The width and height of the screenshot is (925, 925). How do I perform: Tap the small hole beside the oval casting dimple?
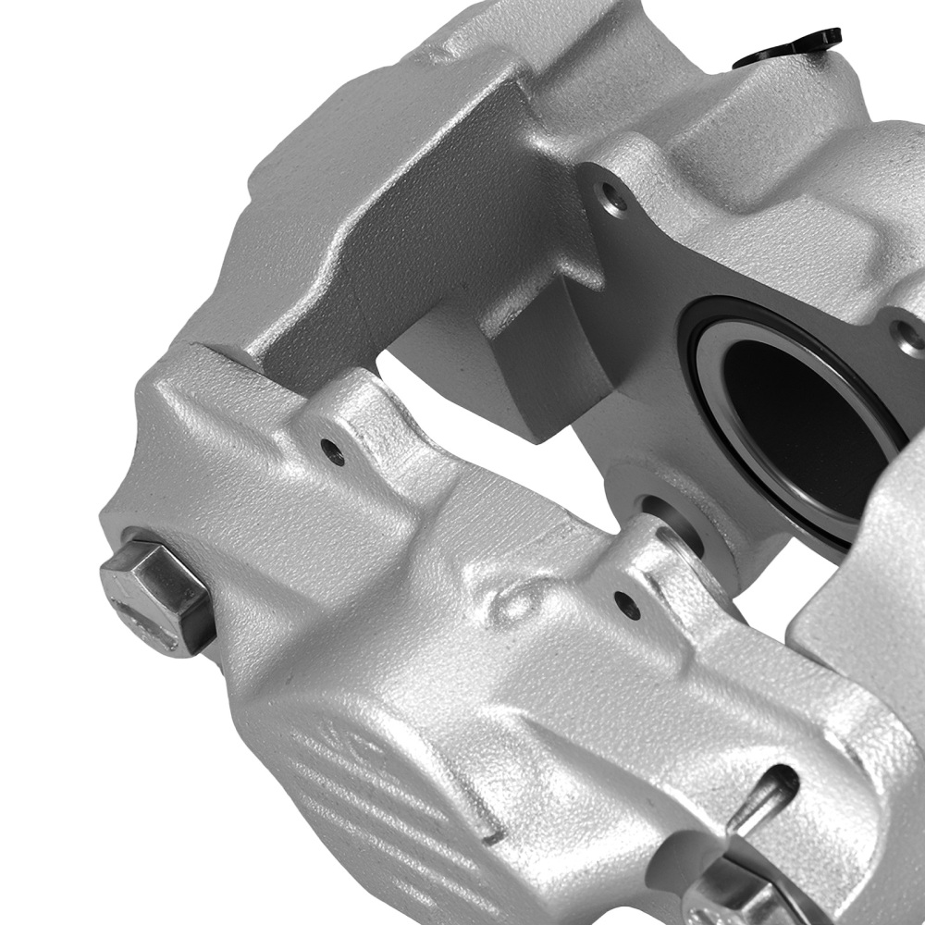tap(628, 606)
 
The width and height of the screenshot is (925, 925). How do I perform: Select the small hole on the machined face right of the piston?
tap(911, 337)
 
